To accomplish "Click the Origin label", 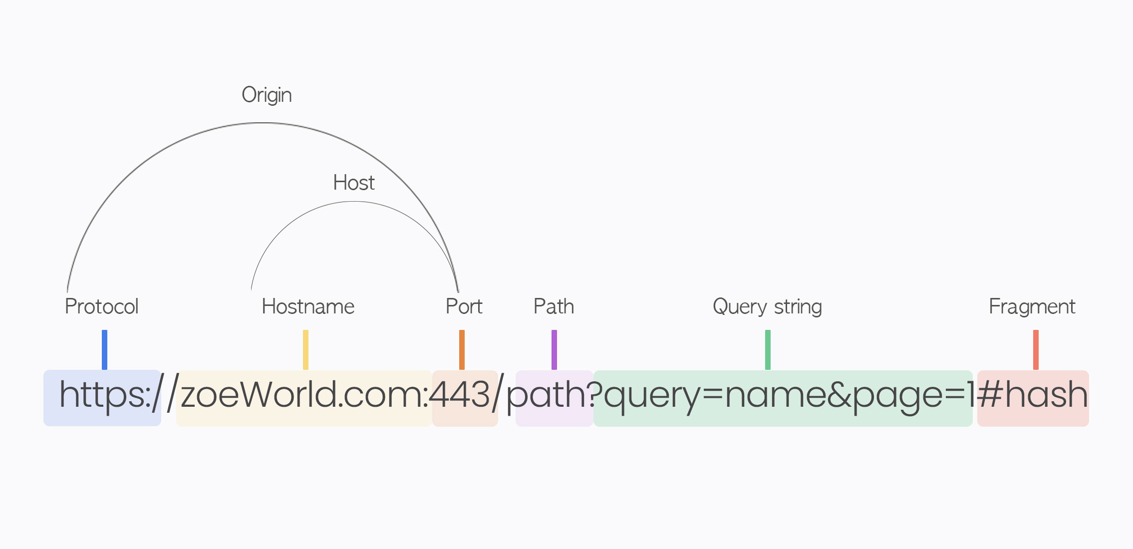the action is [x=267, y=95].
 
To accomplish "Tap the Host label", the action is [x=353, y=183].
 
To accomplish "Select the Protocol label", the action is [x=101, y=306].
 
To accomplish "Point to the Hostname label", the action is [x=308, y=306].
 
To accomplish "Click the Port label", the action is [x=464, y=306].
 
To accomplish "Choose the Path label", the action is [x=554, y=306].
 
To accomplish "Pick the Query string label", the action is [x=767, y=306].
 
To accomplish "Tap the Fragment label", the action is [x=1032, y=306].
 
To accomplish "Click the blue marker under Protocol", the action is [x=104, y=349].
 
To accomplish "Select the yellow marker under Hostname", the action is [x=305, y=349].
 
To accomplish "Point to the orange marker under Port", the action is [x=462, y=349].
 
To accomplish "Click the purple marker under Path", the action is [x=554, y=349].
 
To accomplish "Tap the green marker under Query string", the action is [x=768, y=349].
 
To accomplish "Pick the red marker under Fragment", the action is [x=1036, y=349].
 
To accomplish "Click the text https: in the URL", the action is [x=105, y=395].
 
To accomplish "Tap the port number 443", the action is [x=460, y=395].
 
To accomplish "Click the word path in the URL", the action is [x=547, y=395].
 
